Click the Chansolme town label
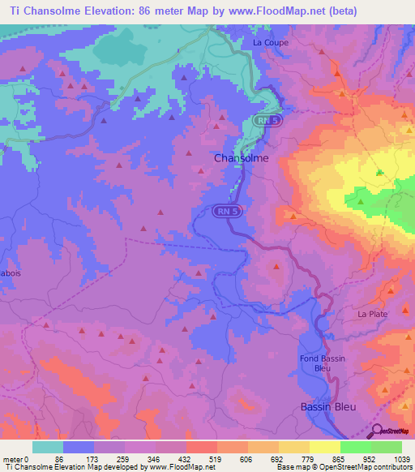click(241, 159)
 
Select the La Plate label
click(374, 313)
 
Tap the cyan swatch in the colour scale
click(48, 447)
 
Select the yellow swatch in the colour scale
click(324, 447)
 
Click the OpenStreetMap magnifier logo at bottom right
click(378, 432)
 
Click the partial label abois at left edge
click(11, 273)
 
